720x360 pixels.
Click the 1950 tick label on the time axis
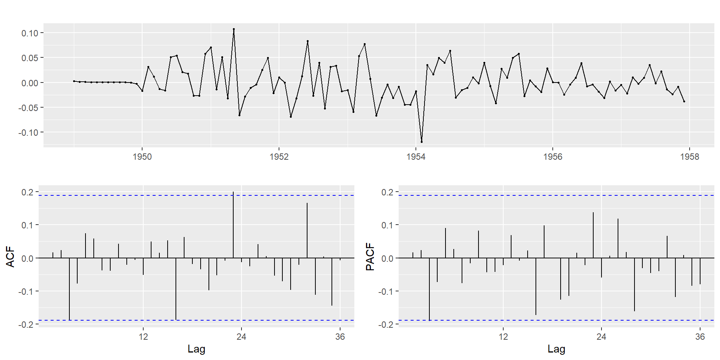tap(142, 157)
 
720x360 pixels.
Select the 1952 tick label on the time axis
tap(279, 157)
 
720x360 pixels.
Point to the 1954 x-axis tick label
tap(416, 157)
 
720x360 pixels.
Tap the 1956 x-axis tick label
tap(553, 157)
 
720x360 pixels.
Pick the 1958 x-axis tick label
tap(690, 157)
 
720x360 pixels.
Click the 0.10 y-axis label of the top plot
tap(30, 33)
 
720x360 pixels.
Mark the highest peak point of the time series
tap(234, 29)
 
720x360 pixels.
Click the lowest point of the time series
tap(421, 142)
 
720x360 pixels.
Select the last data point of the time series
tap(684, 101)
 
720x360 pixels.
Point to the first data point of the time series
tap(74, 81)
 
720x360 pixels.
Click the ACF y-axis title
tap(10, 256)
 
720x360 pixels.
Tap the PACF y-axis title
tap(370, 256)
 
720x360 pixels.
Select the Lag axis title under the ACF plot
tap(196, 349)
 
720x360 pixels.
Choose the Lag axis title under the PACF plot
tap(556, 349)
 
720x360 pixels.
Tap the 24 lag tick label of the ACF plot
tap(241, 336)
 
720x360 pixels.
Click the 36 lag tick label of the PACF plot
tap(700, 336)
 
